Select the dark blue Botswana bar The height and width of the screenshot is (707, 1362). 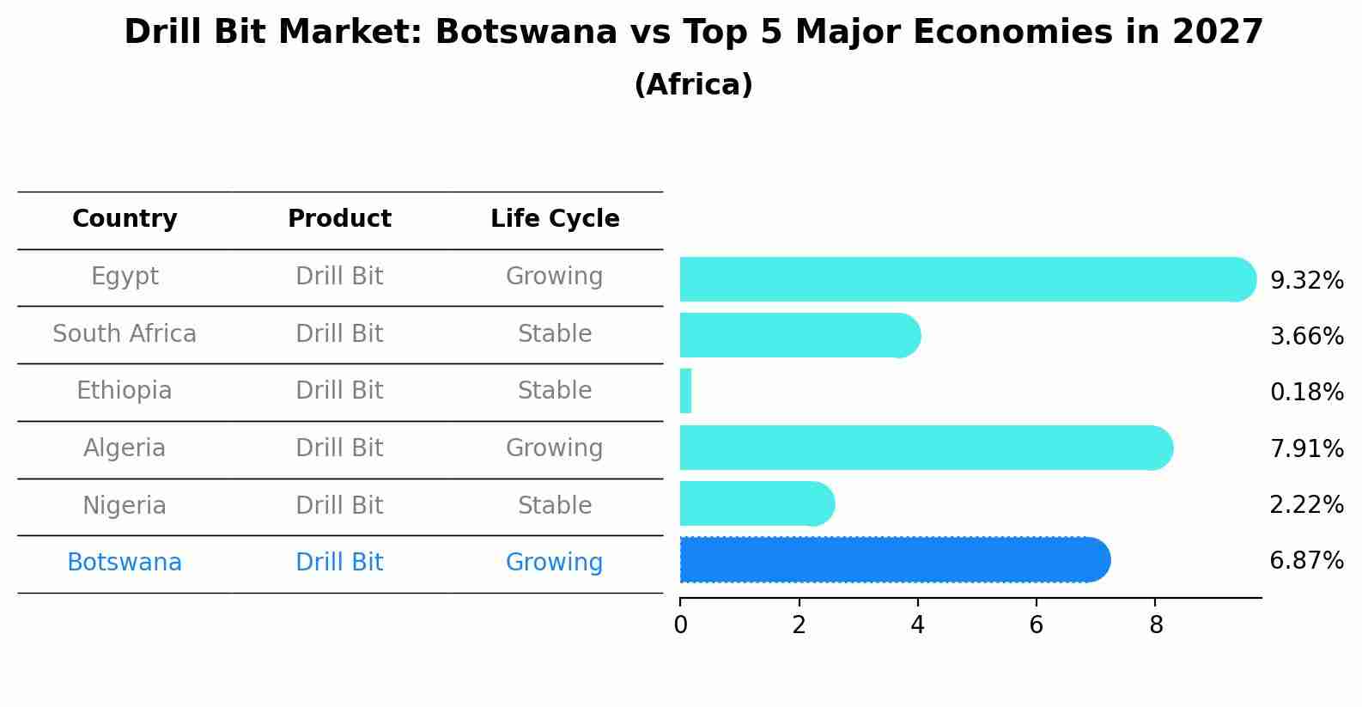[893, 560]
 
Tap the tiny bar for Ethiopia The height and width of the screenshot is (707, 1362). [685, 392]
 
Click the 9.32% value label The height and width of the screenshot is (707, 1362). [1306, 281]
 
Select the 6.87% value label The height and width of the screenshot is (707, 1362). [1306, 561]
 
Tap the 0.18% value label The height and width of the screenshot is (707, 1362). [1306, 393]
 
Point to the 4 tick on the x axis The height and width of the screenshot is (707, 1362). [917, 625]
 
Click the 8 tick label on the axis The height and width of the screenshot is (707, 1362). [1156, 625]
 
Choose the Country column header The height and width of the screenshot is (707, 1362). [125, 219]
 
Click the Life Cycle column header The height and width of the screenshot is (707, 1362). [555, 219]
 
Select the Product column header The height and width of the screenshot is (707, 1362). [339, 219]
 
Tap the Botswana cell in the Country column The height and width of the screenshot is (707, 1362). [125, 563]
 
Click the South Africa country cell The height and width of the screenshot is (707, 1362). [125, 334]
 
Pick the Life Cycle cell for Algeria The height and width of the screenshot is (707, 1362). [554, 448]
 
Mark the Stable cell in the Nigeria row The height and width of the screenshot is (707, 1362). [554, 506]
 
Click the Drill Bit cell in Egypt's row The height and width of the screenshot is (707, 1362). [339, 277]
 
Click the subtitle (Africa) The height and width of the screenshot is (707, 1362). [693, 85]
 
